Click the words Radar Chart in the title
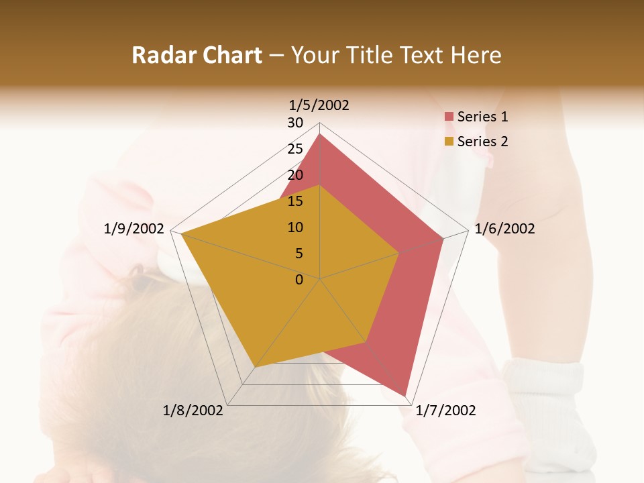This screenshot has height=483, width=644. click(x=197, y=55)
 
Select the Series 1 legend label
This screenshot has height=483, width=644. click(x=482, y=117)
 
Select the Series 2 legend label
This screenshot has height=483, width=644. click(x=482, y=142)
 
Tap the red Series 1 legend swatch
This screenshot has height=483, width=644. click(x=449, y=117)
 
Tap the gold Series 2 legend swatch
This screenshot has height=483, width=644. click(x=449, y=142)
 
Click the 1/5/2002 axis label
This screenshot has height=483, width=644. click(x=319, y=105)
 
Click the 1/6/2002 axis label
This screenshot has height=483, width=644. click(x=504, y=229)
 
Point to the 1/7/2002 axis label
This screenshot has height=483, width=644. click(x=445, y=411)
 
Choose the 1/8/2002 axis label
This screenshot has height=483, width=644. click(x=193, y=411)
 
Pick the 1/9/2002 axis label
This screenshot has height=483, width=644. click(x=134, y=229)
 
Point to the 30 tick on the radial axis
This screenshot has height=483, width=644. click(x=295, y=123)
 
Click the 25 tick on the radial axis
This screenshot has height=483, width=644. click(x=295, y=149)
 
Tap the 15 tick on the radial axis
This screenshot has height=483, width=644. click(x=295, y=201)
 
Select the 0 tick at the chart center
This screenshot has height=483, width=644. click(x=299, y=280)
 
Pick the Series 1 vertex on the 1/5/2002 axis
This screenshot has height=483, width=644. click(x=320, y=134)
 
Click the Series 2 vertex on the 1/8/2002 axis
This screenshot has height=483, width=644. click(x=255, y=368)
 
